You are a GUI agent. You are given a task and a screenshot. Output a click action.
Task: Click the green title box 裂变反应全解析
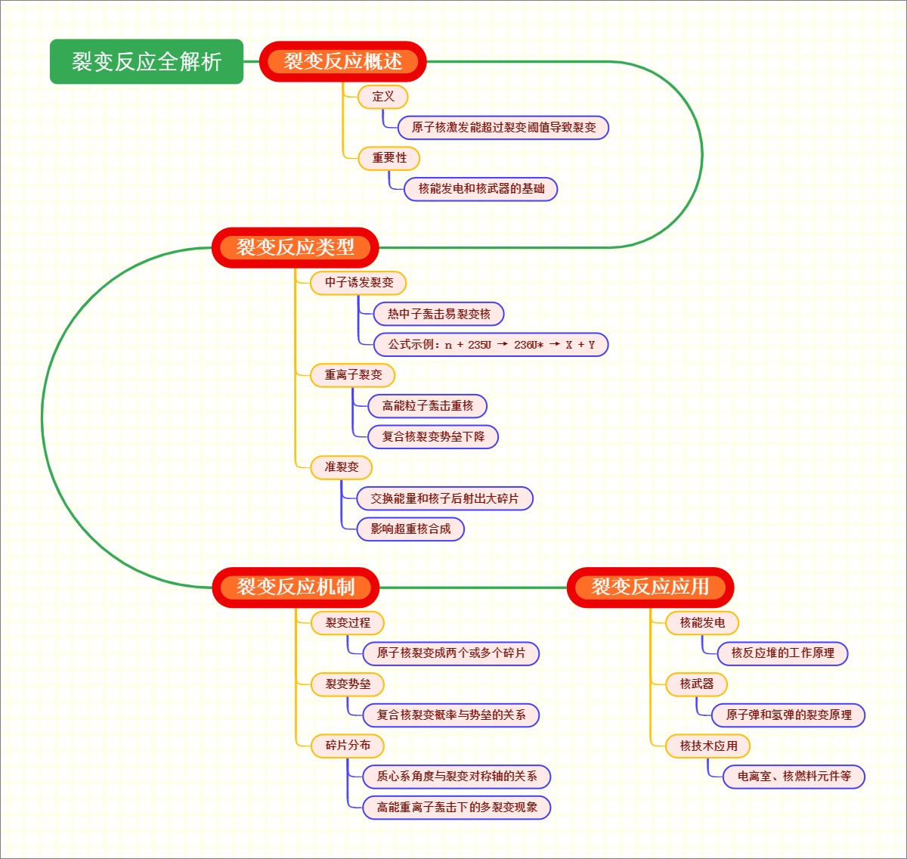tap(147, 61)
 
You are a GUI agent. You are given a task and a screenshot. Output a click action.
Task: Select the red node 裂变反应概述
tap(343, 61)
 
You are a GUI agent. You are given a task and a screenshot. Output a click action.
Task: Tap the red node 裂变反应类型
tap(295, 247)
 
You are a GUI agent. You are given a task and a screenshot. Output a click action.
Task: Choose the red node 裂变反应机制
tap(295, 587)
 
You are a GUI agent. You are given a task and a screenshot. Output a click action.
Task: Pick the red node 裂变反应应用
tap(650, 587)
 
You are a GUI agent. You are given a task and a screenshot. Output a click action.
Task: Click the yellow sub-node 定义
tap(383, 96)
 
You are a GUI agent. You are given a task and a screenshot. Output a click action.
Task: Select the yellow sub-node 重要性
tap(389, 157)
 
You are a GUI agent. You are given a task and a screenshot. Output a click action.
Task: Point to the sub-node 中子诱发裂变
tap(359, 283)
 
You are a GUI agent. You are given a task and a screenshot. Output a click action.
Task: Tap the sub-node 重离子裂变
tap(353, 375)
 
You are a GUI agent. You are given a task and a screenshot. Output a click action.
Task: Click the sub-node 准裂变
tap(342, 467)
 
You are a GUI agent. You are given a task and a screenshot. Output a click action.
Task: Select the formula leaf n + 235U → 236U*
tap(491, 345)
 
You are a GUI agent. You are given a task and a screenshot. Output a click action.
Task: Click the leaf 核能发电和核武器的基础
tap(481, 188)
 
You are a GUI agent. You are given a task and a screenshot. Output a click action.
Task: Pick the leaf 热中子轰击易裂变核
tap(438, 314)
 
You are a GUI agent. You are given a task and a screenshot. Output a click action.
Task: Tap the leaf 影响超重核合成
tap(410, 529)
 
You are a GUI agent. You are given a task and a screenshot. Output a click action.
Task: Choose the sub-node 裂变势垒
tap(348, 684)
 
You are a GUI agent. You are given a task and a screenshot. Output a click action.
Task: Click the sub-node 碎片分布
tap(348, 746)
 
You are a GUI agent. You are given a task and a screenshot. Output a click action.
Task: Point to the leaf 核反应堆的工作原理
tap(782, 653)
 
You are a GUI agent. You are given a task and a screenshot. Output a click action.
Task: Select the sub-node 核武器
tap(696, 684)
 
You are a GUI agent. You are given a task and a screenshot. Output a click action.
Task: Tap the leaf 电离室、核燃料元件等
tap(794, 777)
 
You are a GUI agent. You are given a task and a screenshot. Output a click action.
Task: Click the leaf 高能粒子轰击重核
tap(427, 406)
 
